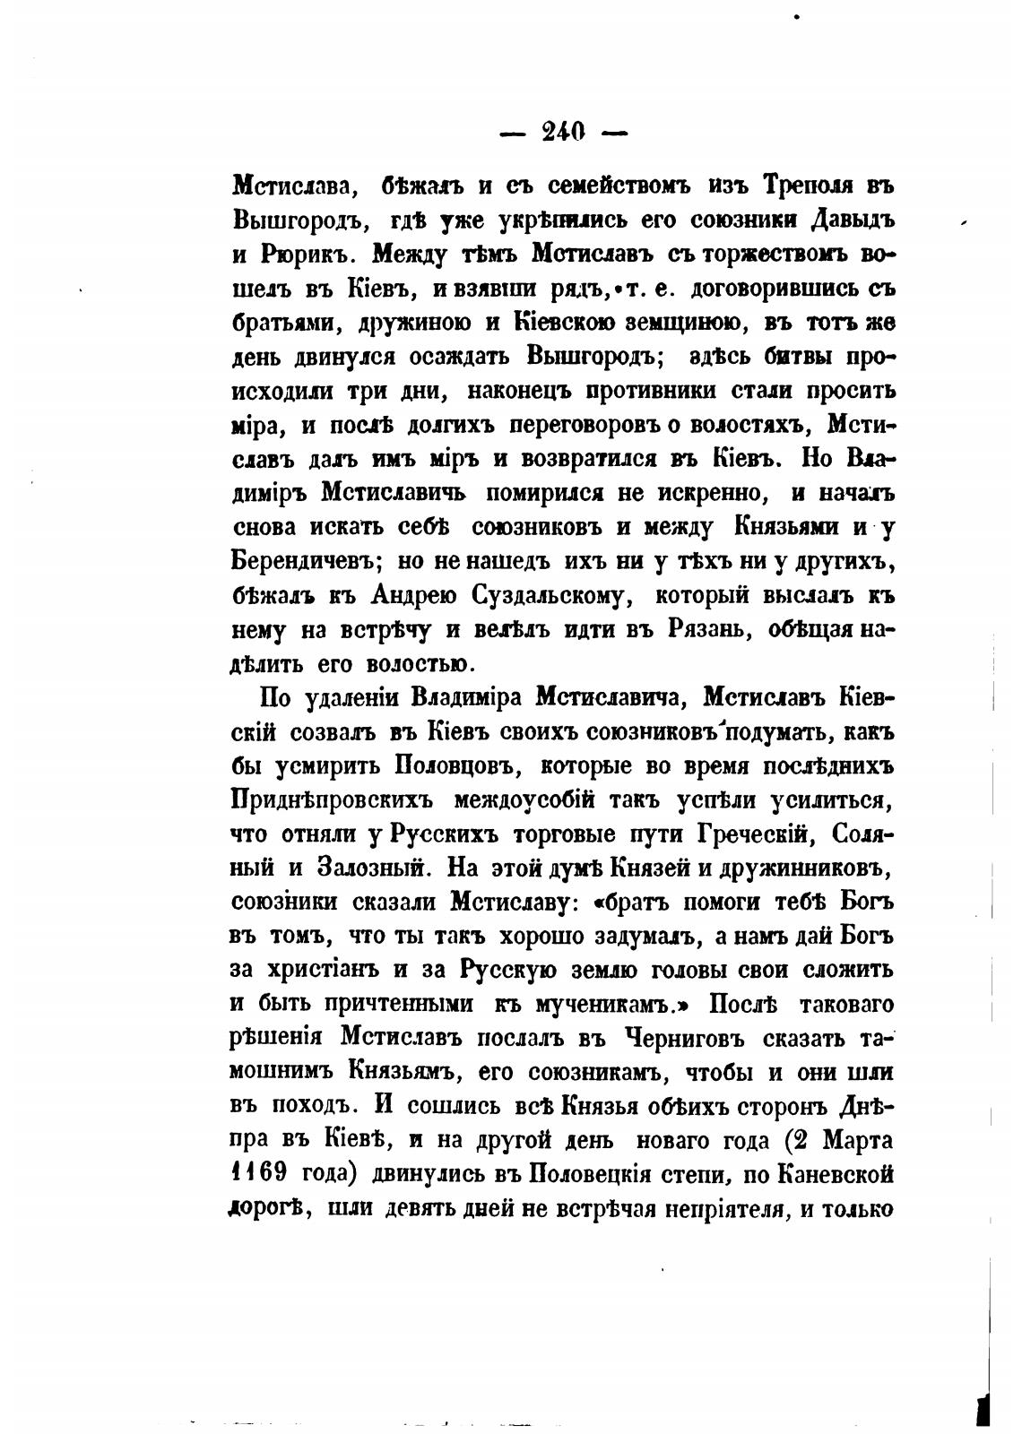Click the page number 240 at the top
[x=563, y=133]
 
